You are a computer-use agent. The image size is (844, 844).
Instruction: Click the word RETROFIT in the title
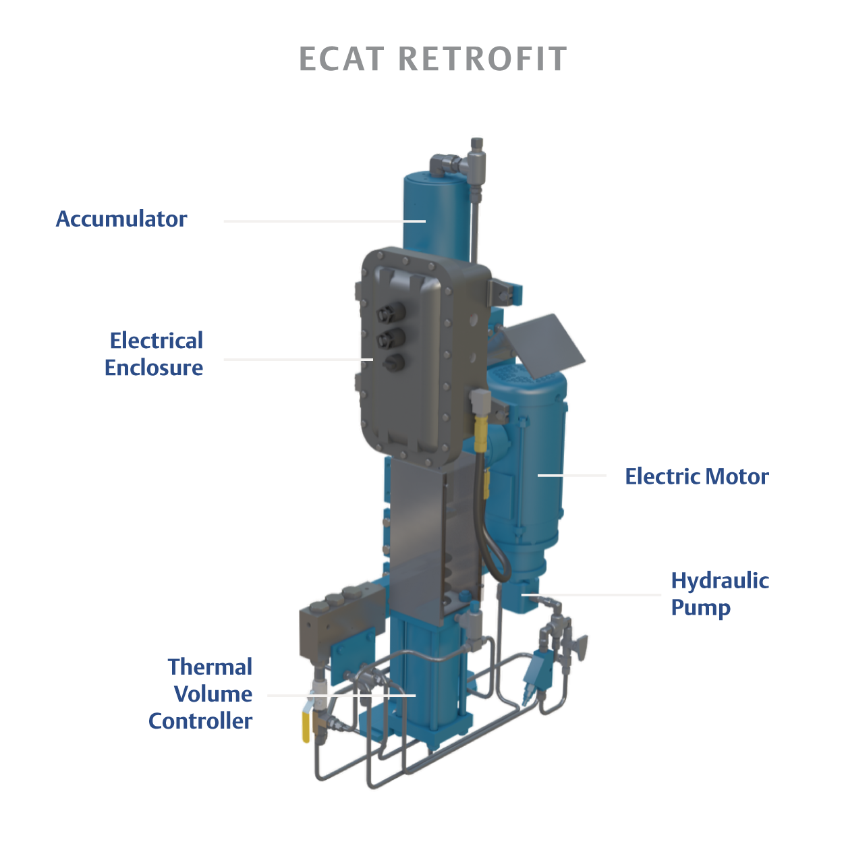tap(482, 59)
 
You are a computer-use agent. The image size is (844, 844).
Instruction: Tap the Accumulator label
tap(121, 219)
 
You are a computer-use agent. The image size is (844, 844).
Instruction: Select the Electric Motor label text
tap(696, 477)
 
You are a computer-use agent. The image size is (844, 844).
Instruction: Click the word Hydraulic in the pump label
tap(719, 581)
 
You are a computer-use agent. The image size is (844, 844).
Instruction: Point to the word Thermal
tap(210, 667)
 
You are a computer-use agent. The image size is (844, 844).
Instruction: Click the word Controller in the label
tap(200, 721)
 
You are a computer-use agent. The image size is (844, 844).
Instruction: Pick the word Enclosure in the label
tap(154, 368)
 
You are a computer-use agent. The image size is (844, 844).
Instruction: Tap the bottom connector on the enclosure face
tap(393, 362)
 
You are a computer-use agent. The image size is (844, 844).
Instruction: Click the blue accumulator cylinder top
tap(435, 182)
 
